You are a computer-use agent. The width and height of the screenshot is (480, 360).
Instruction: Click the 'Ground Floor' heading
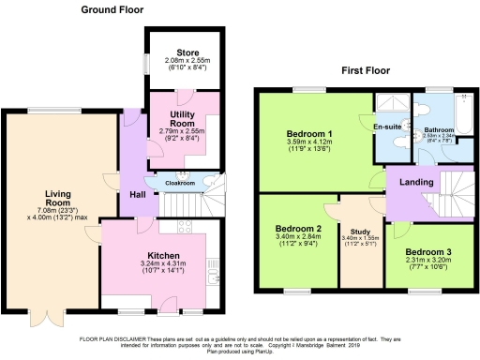pyautogui.click(x=111, y=9)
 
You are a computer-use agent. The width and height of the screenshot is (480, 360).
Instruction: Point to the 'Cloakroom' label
pyautogui.click(x=180, y=184)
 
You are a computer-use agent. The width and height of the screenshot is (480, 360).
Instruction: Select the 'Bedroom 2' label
pyautogui.click(x=298, y=229)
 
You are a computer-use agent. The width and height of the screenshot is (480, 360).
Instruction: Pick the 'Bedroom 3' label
pyautogui.click(x=429, y=253)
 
